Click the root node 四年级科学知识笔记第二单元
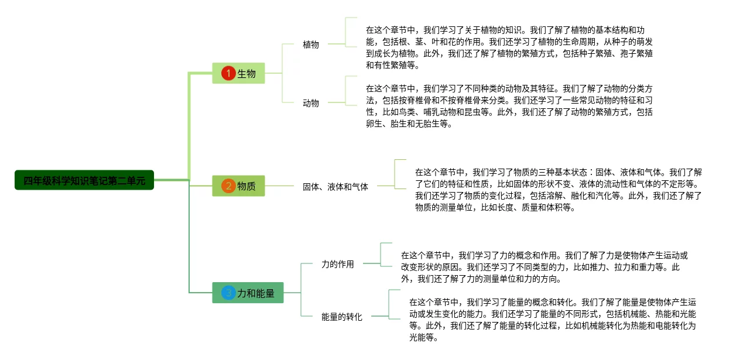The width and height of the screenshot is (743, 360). coord(84,180)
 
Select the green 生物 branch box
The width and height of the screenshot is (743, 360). coord(238,73)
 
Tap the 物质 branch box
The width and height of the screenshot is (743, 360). coord(238,186)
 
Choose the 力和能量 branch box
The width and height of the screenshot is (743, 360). coord(248,293)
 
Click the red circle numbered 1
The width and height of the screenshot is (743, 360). coord(228,73)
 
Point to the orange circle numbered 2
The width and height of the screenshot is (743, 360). coord(228,186)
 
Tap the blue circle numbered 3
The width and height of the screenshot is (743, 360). coord(228,293)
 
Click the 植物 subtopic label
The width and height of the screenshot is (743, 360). coord(311,44)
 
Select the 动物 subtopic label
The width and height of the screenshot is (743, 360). coord(311,103)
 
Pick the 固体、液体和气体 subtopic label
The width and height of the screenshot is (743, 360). coord(335,187)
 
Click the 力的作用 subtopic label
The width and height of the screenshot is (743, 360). coord(338,264)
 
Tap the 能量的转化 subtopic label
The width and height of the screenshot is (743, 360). coord(342,317)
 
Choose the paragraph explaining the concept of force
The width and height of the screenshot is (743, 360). coord(545,267)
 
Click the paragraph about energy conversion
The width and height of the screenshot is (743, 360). coord(553,320)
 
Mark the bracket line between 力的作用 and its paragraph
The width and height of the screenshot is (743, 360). coord(381,255)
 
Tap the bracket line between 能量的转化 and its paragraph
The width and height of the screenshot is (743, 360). coord(389,304)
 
